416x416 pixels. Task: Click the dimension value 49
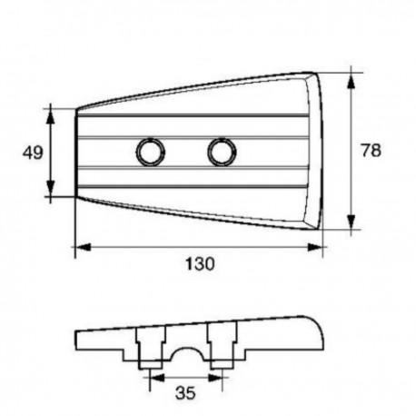[x=33, y=153]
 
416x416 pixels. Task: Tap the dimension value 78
[x=370, y=151]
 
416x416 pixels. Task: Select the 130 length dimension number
[x=199, y=264]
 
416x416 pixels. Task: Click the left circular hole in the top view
[x=148, y=152]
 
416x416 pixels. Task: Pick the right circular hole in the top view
[x=221, y=152]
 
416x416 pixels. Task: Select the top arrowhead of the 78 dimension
[x=351, y=74]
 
